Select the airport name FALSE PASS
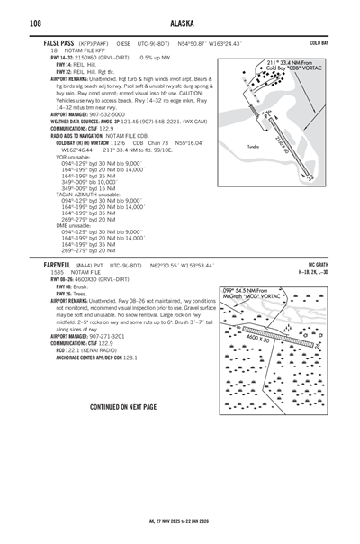(x=59, y=42)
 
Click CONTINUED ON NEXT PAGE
(x=123, y=407)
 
